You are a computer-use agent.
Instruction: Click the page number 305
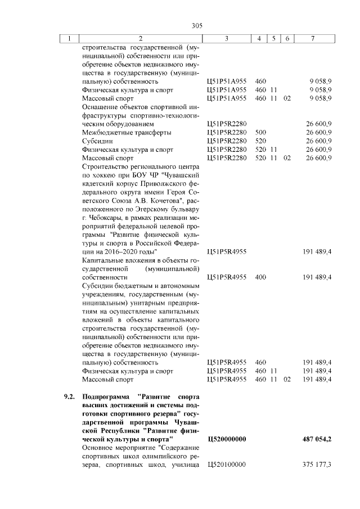click(x=196, y=25)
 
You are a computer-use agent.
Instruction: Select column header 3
click(x=226, y=39)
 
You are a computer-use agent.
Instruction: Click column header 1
click(x=69, y=39)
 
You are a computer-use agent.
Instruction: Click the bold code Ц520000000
click(x=227, y=439)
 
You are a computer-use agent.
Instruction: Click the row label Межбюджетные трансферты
click(x=118, y=132)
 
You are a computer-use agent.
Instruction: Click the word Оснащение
click(x=99, y=107)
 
